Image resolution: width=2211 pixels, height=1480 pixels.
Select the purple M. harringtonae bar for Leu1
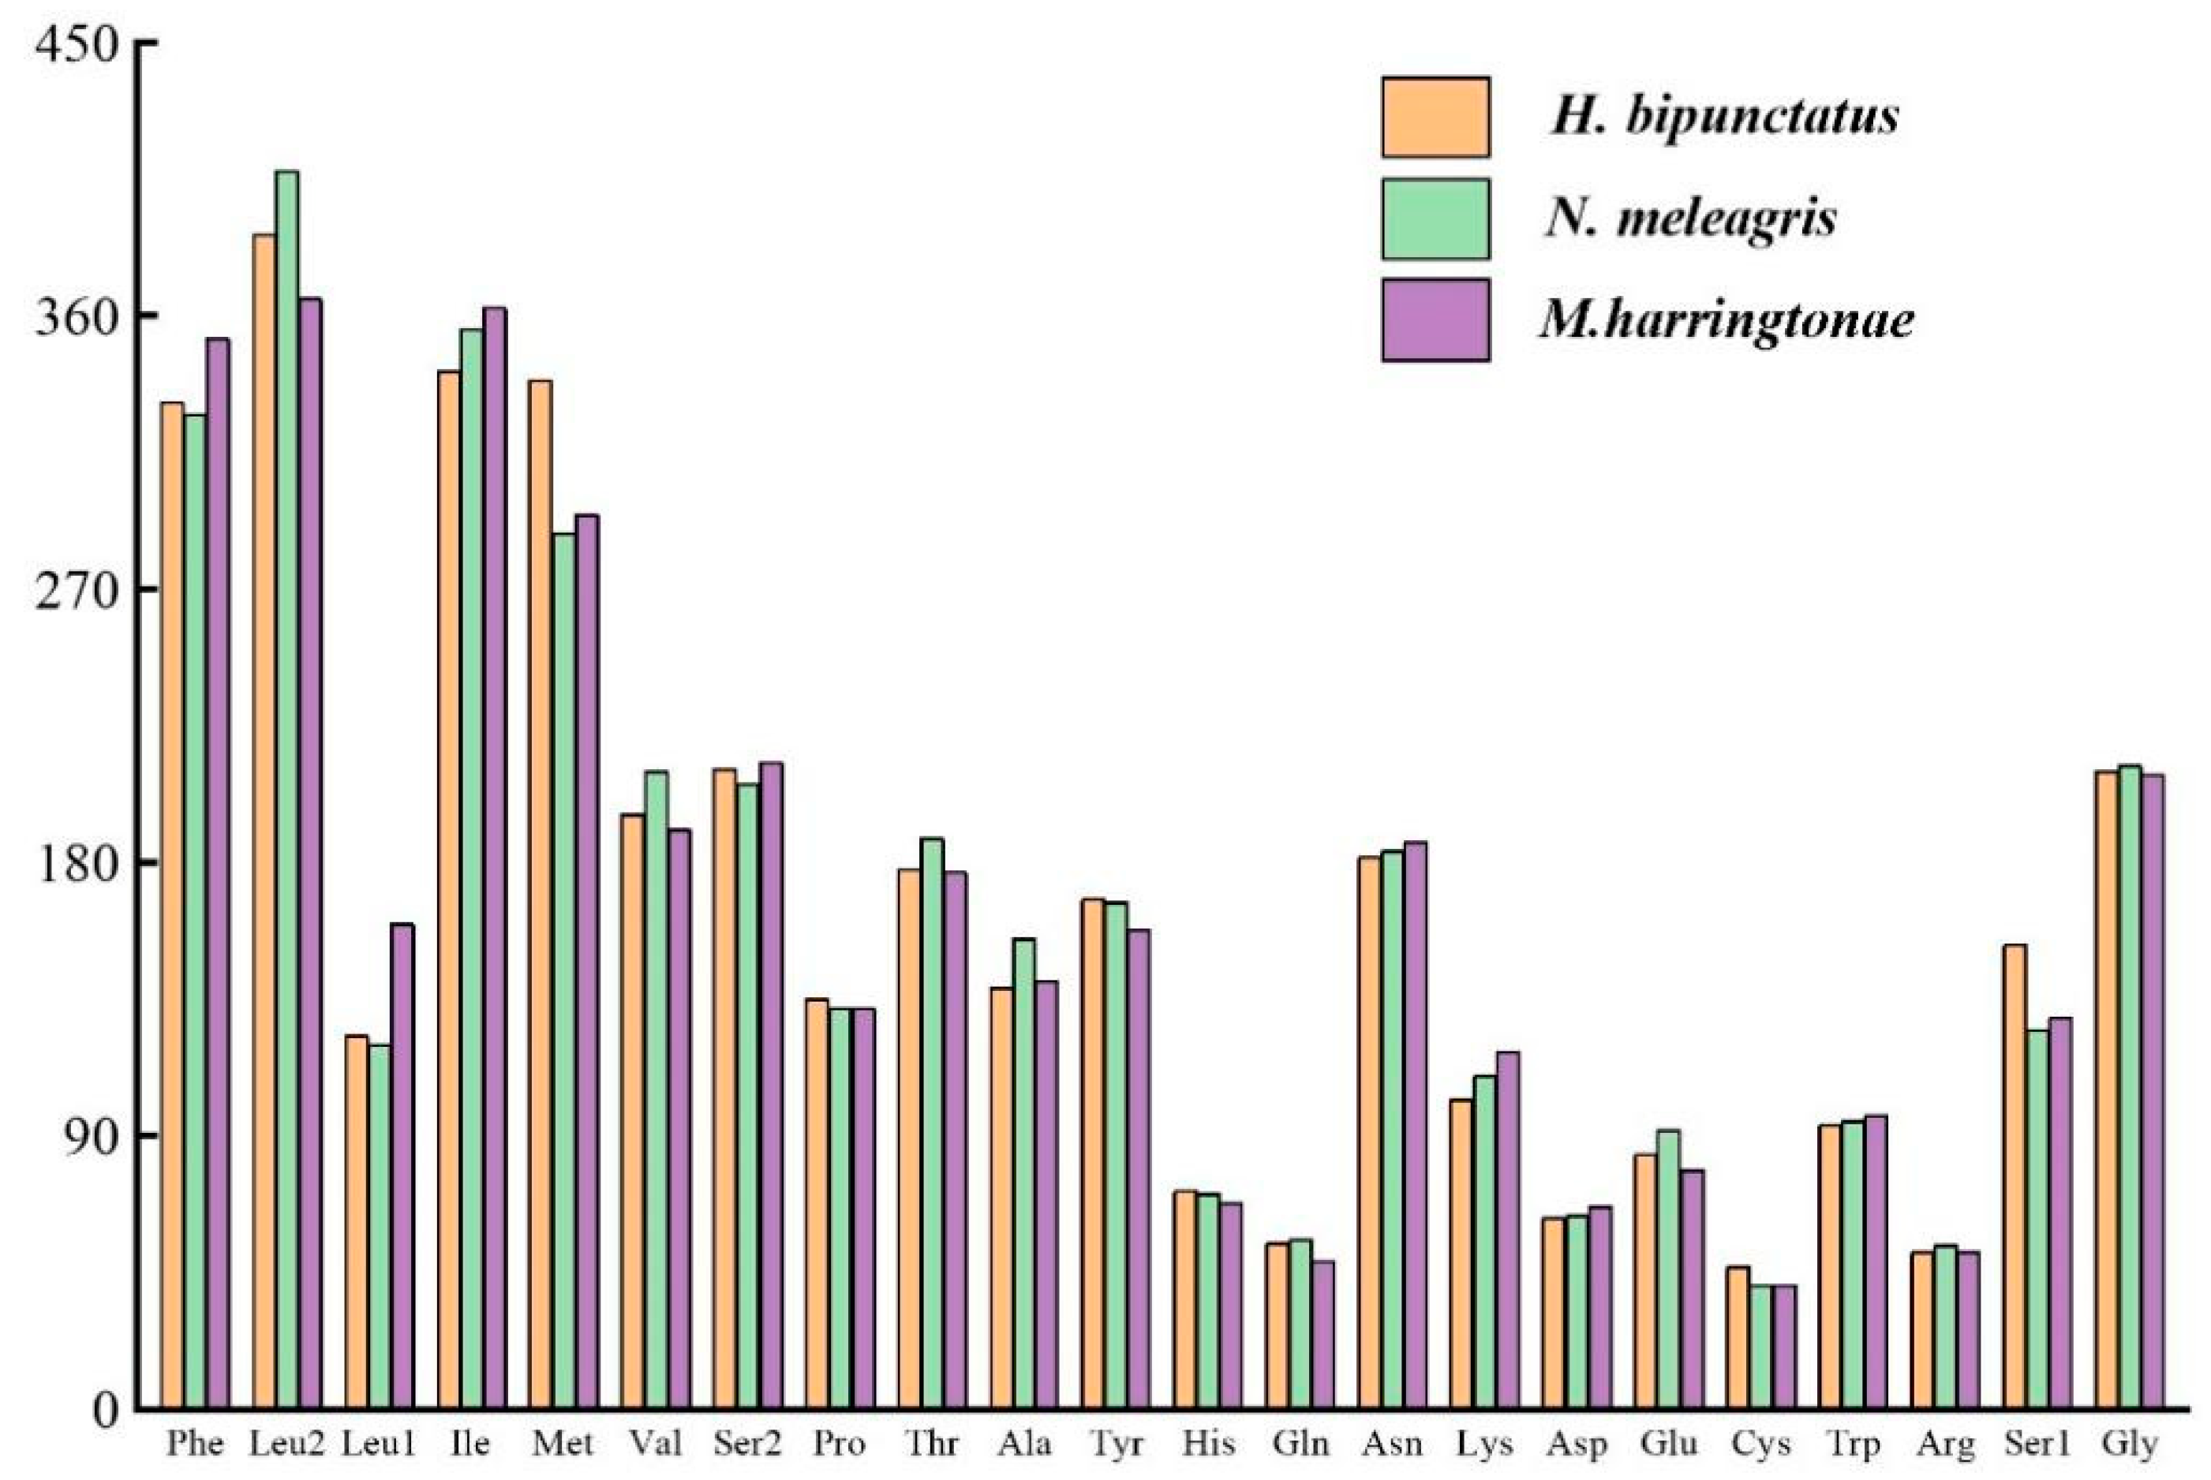[x=402, y=1166]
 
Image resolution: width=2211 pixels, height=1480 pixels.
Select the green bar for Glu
[x=1668, y=1269]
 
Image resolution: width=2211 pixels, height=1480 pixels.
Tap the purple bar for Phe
[x=218, y=873]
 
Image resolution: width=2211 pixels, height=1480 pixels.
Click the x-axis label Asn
[x=1392, y=1444]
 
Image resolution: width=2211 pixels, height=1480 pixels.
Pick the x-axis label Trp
[x=1854, y=1444]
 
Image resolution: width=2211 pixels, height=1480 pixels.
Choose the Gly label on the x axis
[x=2129, y=1444]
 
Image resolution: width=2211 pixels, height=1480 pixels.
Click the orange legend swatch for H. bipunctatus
[x=1435, y=117]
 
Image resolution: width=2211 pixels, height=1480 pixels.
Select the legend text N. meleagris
[x=1691, y=219]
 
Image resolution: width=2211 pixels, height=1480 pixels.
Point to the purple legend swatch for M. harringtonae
[x=1435, y=320]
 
